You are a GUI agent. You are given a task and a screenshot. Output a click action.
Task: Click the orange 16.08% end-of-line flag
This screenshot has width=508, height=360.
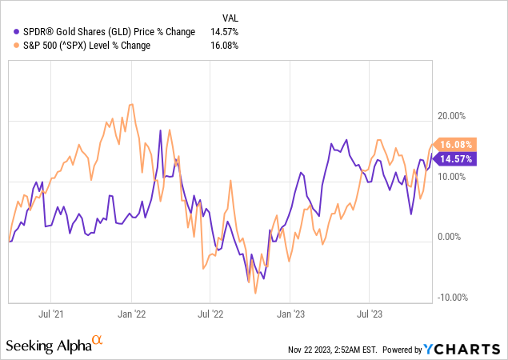457,144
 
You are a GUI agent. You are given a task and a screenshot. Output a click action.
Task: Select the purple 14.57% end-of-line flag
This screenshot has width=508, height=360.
457,159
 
